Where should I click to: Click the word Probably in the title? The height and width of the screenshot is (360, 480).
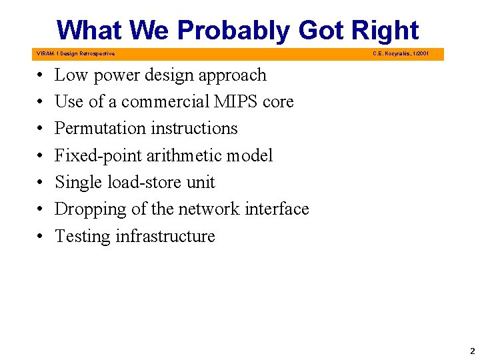(234, 31)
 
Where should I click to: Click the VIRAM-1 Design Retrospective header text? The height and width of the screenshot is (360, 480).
(75, 53)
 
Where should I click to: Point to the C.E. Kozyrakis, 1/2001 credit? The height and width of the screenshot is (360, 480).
(401, 53)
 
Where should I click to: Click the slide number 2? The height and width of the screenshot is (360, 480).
(472, 351)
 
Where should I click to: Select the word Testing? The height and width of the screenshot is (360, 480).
(82, 237)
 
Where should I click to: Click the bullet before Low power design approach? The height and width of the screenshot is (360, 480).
(41, 76)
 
